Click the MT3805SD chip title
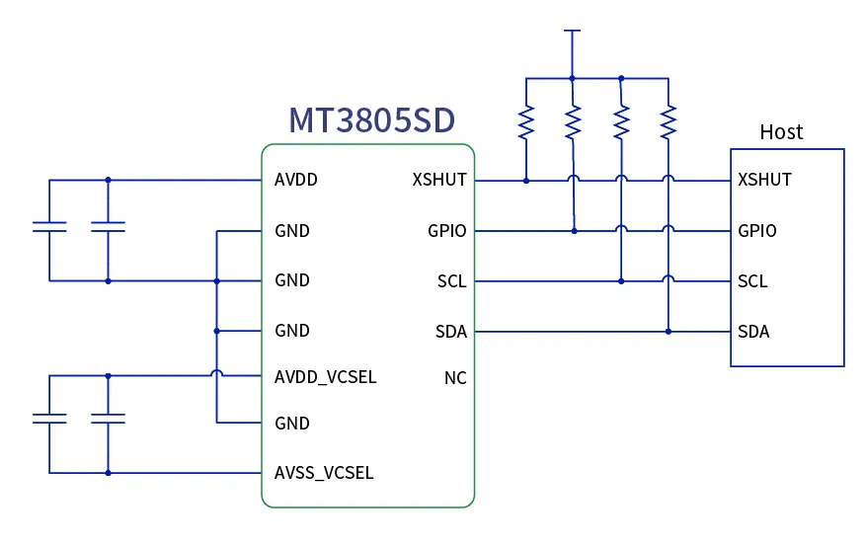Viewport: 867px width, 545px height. [x=371, y=119]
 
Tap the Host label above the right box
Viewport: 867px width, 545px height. [x=780, y=132]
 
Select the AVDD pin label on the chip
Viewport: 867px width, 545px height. [x=296, y=181]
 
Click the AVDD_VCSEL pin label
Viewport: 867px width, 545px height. [x=325, y=377]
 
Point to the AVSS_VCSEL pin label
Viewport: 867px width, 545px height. [x=324, y=473]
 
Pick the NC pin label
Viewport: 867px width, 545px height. [x=455, y=378]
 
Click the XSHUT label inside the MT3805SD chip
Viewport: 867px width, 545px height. [x=439, y=181]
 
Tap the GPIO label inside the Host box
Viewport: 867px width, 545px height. [x=756, y=231]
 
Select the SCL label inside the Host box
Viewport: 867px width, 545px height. [x=752, y=281]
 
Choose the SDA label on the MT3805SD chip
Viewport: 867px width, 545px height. [x=451, y=332]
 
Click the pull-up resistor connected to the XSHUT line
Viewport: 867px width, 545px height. [x=526, y=122]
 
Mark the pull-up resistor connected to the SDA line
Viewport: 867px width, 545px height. [x=669, y=122]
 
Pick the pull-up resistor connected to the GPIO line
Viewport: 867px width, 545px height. [x=574, y=122]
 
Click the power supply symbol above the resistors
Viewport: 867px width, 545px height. [x=571, y=32]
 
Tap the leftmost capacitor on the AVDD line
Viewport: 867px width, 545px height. [x=49, y=228]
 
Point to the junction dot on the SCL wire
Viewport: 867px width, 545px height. [x=621, y=281]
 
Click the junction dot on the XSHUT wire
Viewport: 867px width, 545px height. [x=526, y=181]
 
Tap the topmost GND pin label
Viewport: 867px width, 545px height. [x=292, y=231]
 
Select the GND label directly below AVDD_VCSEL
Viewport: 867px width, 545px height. [x=292, y=424]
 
